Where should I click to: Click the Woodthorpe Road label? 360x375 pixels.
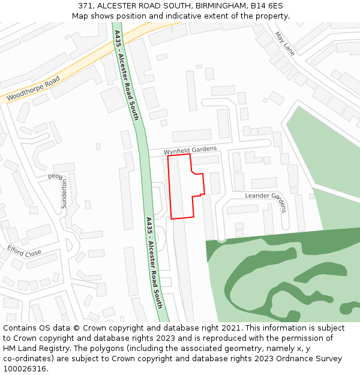pos(33,89)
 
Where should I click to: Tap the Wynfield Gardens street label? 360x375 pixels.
pos(190,150)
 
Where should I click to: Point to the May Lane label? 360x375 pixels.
pos(285,43)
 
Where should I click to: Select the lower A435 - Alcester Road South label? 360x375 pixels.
pos(155,262)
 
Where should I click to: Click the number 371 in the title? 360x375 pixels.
pos(86,5)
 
